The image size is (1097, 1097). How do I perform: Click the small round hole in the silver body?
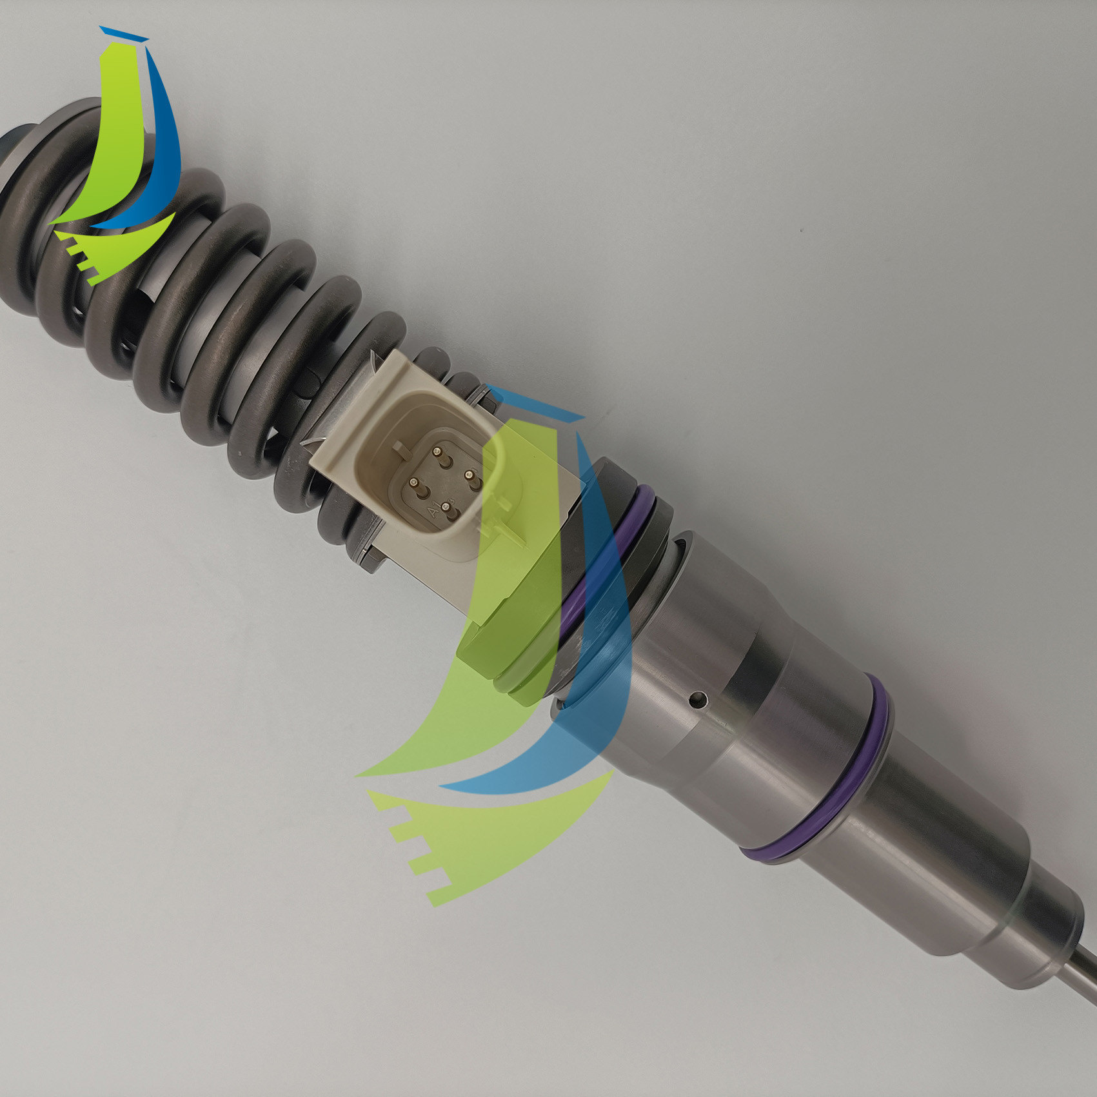tap(698, 697)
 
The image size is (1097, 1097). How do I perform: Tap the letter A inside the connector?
tap(433, 511)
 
